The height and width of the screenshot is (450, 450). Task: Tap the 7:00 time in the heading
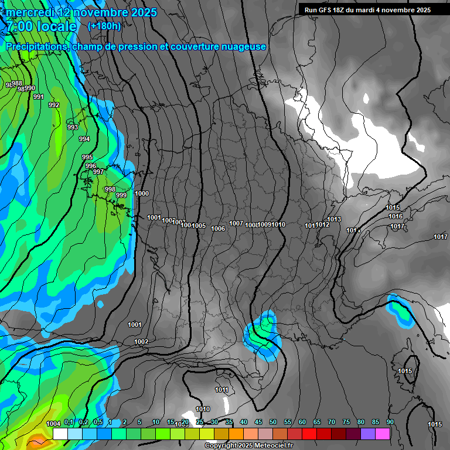coord(20,26)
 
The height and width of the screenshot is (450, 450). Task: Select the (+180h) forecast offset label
coord(104,26)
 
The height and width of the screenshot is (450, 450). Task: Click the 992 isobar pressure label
coord(54,105)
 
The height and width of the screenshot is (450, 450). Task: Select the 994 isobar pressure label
coord(84,139)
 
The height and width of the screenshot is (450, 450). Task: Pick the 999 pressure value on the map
coord(121,195)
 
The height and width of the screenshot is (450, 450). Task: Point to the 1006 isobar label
coord(218,229)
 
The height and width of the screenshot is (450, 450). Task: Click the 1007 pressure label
coord(236,223)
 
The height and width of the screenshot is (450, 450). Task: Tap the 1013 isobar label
coord(334,219)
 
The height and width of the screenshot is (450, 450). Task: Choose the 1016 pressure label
coord(396,216)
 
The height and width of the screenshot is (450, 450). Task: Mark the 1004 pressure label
coord(53,424)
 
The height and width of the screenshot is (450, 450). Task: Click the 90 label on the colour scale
coord(390,422)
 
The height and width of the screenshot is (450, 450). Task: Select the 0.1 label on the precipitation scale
coord(69,422)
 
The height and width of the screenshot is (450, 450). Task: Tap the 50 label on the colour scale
coord(273,422)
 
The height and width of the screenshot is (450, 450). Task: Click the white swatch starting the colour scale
coord(60,434)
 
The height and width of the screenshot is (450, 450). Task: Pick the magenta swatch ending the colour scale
coord(383,434)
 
